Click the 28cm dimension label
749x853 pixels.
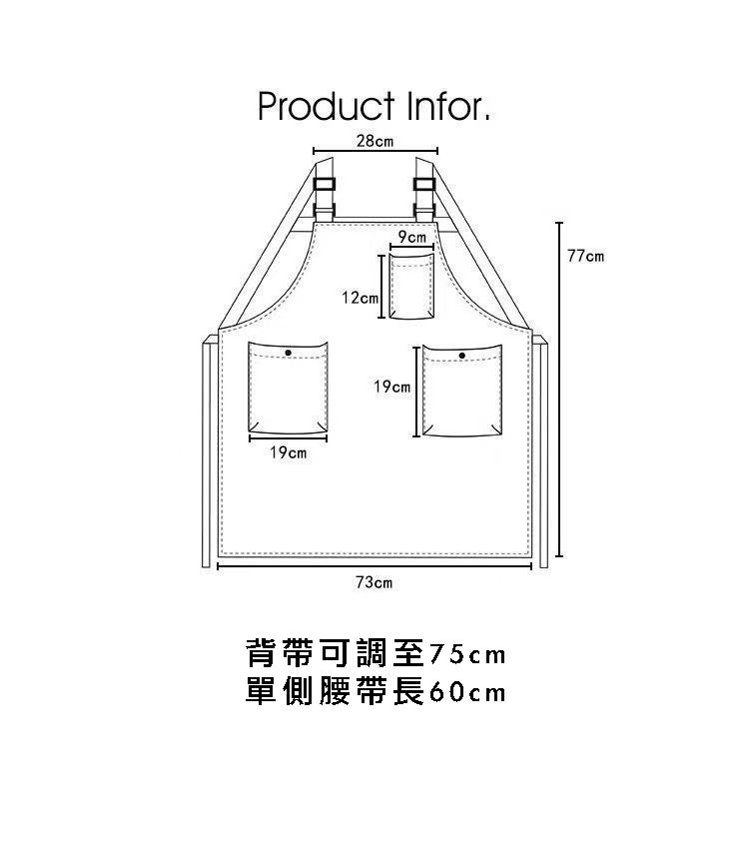coord(374,142)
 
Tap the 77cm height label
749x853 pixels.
coord(585,257)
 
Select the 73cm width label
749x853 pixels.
coord(374,581)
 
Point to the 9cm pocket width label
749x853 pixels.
coord(411,237)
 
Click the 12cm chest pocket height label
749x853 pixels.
coord(360,298)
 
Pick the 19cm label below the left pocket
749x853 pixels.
coord(288,453)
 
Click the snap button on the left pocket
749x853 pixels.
coord(288,353)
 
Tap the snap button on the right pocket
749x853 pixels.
coord(461,355)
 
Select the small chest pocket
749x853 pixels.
coord(410,288)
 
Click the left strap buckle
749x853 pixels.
coord(326,185)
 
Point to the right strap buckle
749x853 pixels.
coord(424,185)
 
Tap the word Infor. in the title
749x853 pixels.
coord(446,106)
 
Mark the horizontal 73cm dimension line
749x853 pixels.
coord(374,566)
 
